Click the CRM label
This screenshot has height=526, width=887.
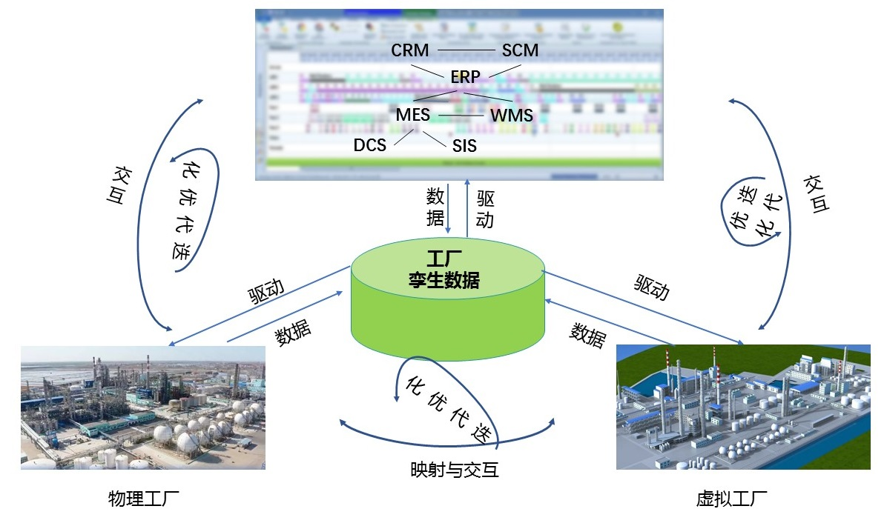pos(410,50)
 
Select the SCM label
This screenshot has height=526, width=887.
pos(520,50)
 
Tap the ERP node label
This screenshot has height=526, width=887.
pos(465,76)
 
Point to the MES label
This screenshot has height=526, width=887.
pos(412,115)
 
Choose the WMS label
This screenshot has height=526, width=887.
pos(512,116)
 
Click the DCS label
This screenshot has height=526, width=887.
pos(370,144)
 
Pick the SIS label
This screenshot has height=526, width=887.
pos(460,145)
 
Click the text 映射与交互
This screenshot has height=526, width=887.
pos(455,470)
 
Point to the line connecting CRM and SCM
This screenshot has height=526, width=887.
pos(465,50)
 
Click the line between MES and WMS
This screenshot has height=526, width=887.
pos(460,116)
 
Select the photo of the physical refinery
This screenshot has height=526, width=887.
pos(143,407)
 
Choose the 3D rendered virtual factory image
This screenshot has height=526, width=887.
pos(743,407)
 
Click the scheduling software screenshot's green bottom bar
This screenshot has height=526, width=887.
pos(458,162)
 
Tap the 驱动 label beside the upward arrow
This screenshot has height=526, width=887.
pos(485,209)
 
